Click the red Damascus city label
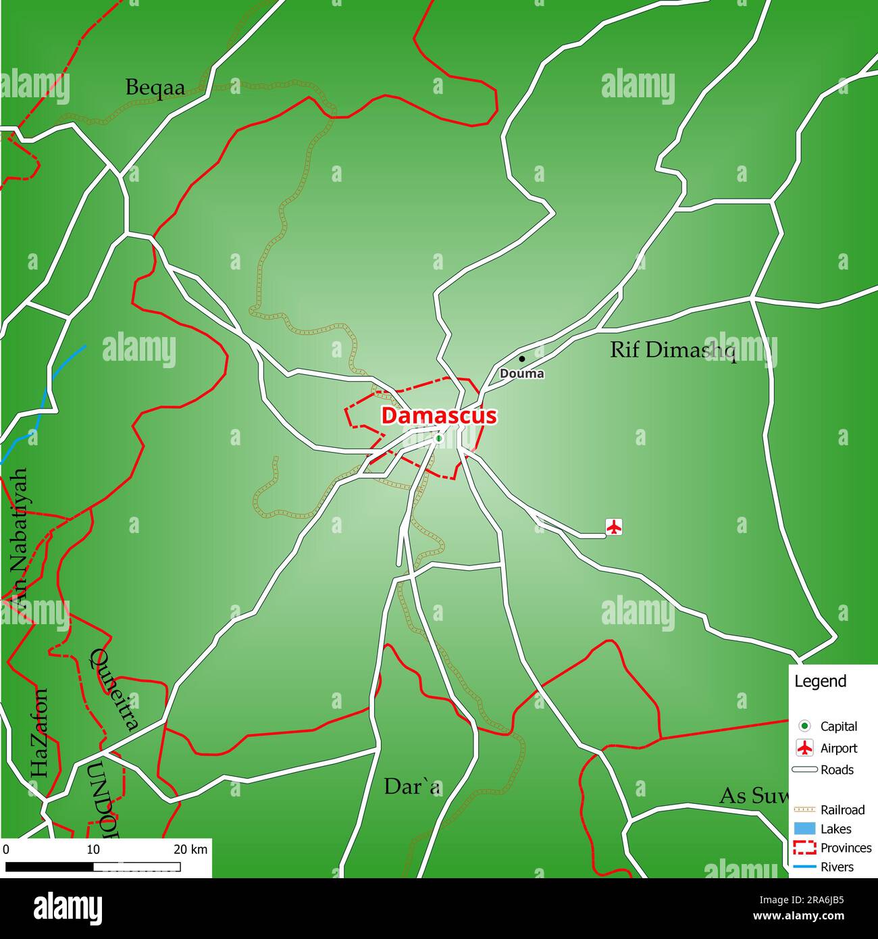tap(438, 415)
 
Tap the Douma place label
tap(521, 374)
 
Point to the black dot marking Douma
tap(521, 359)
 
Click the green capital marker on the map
tap(438, 438)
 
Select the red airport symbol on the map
tap(613, 526)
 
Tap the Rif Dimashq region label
tap(673, 350)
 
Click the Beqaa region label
tap(155, 88)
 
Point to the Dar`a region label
tap(412, 786)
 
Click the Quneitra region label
tap(115, 689)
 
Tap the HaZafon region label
tap(39, 733)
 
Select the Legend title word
tap(820, 681)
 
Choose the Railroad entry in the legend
tap(842, 809)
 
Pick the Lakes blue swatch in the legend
tap(804, 829)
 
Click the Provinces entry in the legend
tap(846, 848)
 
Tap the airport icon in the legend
tap(804, 748)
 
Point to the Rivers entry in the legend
tap(837, 867)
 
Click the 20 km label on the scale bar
tap(190, 849)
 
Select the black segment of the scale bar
tap(49, 867)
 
